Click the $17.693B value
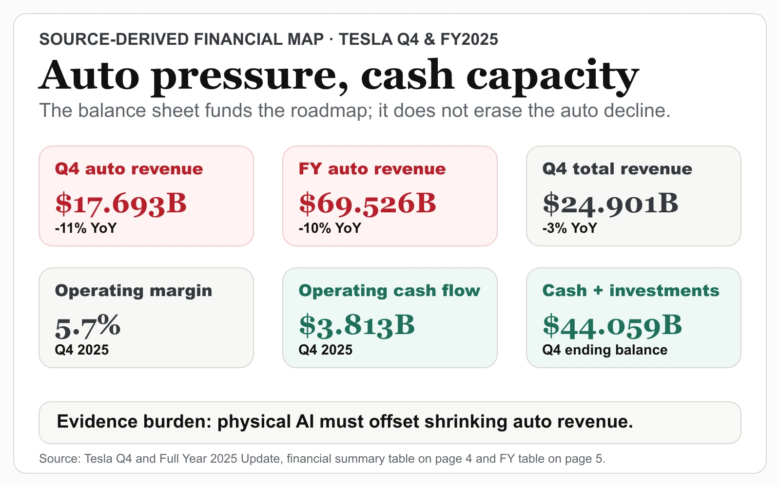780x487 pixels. point(121,204)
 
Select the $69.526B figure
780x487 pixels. point(368,204)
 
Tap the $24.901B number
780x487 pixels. point(610,204)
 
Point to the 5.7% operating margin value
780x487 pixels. point(88,326)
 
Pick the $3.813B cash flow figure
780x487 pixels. point(357,326)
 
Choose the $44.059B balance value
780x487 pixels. point(612,326)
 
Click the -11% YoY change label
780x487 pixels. point(86,228)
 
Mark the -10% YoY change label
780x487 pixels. point(330,228)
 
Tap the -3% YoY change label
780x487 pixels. point(570,228)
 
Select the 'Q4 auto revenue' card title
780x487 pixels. point(129,169)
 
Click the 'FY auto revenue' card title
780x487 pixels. point(372,169)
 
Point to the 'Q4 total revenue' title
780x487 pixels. point(617,169)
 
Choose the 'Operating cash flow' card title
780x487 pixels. point(390,291)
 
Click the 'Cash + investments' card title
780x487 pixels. point(631,291)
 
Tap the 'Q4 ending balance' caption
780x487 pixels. point(605,350)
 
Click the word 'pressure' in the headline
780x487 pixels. point(250,76)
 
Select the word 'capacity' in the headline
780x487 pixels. point(553,76)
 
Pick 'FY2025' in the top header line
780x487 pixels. point(469,39)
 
